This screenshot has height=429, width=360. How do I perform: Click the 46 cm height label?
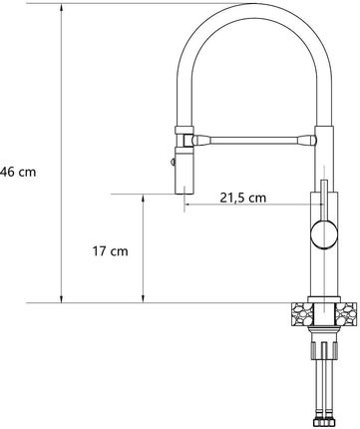point(18,172)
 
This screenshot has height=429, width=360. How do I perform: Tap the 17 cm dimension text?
point(110,251)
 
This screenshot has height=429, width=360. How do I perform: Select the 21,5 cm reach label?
point(243,198)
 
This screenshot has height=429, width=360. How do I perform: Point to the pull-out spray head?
point(183,172)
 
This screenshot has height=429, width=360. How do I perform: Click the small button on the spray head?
point(173,162)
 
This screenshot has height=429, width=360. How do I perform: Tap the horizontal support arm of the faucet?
point(253,140)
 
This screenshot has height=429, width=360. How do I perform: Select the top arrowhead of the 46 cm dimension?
point(61,7)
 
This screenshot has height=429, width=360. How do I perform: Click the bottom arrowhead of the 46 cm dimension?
point(61,298)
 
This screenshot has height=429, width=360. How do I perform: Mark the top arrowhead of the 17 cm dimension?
point(144,199)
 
